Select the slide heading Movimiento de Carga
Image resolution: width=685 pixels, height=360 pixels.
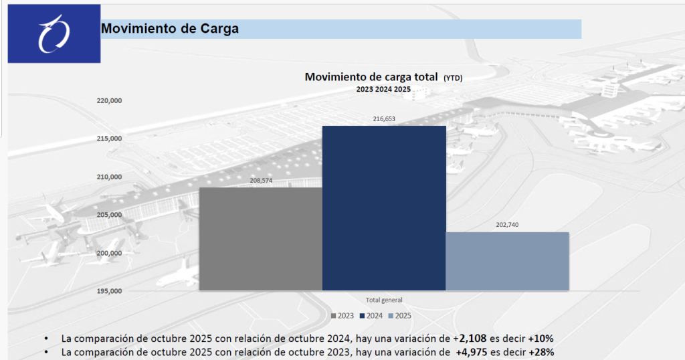pyautogui.click(x=169, y=29)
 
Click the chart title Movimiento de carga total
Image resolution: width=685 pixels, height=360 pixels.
pyautogui.click(x=371, y=77)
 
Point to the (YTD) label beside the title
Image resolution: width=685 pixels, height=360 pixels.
pyautogui.click(x=453, y=78)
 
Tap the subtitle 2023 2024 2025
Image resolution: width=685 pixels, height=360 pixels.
pyautogui.click(x=383, y=89)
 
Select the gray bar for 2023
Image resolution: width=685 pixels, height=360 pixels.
pyautogui.click(x=261, y=239)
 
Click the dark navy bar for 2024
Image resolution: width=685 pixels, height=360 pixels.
pyautogui.click(x=384, y=208)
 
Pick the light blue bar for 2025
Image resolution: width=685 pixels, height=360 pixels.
pyautogui.click(x=507, y=261)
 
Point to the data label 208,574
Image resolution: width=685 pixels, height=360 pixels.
pyautogui.click(x=261, y=181)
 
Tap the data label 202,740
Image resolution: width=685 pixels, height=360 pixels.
pyautogui.click(x=507, y=225)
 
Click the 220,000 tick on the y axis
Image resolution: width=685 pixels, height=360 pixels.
pyautogui.click(x=109, y=101)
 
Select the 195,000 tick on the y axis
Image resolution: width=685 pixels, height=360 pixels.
pyautogui.click(x=109, y=291)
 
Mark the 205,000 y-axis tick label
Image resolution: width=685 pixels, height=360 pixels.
pyautogui.click(x=109, y=215)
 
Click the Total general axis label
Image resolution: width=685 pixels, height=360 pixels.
pyautogui.click(x=384, y=300)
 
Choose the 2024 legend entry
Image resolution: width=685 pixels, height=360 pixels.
pyautogui.click(x=373, y=315)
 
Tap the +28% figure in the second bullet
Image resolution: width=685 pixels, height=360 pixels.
pyautogui.click(x=541, y=351)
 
